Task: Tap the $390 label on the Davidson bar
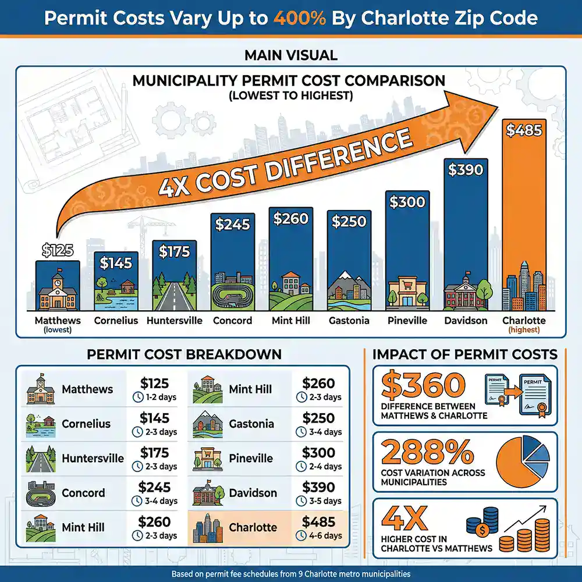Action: [466, 170]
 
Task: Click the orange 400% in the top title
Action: [303, 19]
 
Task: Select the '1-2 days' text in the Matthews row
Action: [160, 398]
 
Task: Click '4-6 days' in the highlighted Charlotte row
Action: [324, 535]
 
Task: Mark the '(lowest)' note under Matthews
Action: [58, 330]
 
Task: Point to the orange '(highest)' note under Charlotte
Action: [524, 330]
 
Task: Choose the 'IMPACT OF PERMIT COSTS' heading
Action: [464, 354]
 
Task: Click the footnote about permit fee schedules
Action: [291, 574]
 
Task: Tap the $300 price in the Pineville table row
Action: [318, 453]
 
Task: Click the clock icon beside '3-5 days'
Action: [301, 501]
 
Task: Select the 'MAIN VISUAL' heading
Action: [291, 55]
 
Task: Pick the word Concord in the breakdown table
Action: [83, 493]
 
